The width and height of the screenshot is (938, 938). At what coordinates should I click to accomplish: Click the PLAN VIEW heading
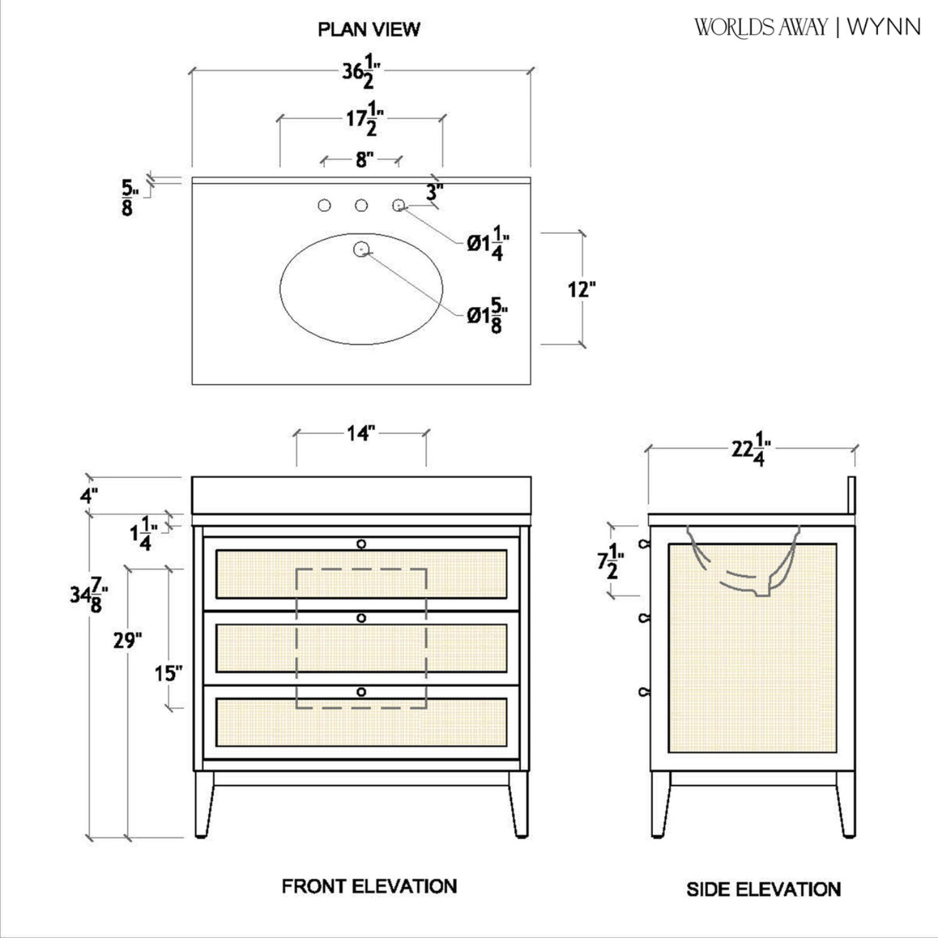click(369, 29)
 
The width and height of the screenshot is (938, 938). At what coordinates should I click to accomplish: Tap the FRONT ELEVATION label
click(369, 886)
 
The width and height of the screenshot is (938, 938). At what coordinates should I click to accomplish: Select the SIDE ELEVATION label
click(763, 889)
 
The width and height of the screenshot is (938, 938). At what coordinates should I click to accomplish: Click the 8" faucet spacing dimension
click(364, 160)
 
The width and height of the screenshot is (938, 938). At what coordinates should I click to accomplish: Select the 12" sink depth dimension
click(581, 290)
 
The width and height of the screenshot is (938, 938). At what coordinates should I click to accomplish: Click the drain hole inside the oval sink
click(361, 250)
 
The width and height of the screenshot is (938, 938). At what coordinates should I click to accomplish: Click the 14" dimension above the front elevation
click(360, 433)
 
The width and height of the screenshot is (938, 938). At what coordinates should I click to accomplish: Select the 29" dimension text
click(128, 641)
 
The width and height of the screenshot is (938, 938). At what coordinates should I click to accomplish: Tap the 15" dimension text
click(168, 673)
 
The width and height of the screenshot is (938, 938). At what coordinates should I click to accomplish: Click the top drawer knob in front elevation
click(361, 544)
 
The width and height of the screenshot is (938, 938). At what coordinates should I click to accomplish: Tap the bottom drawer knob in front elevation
click(361, 692)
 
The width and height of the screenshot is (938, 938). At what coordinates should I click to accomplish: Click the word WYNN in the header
click(884, 28)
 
